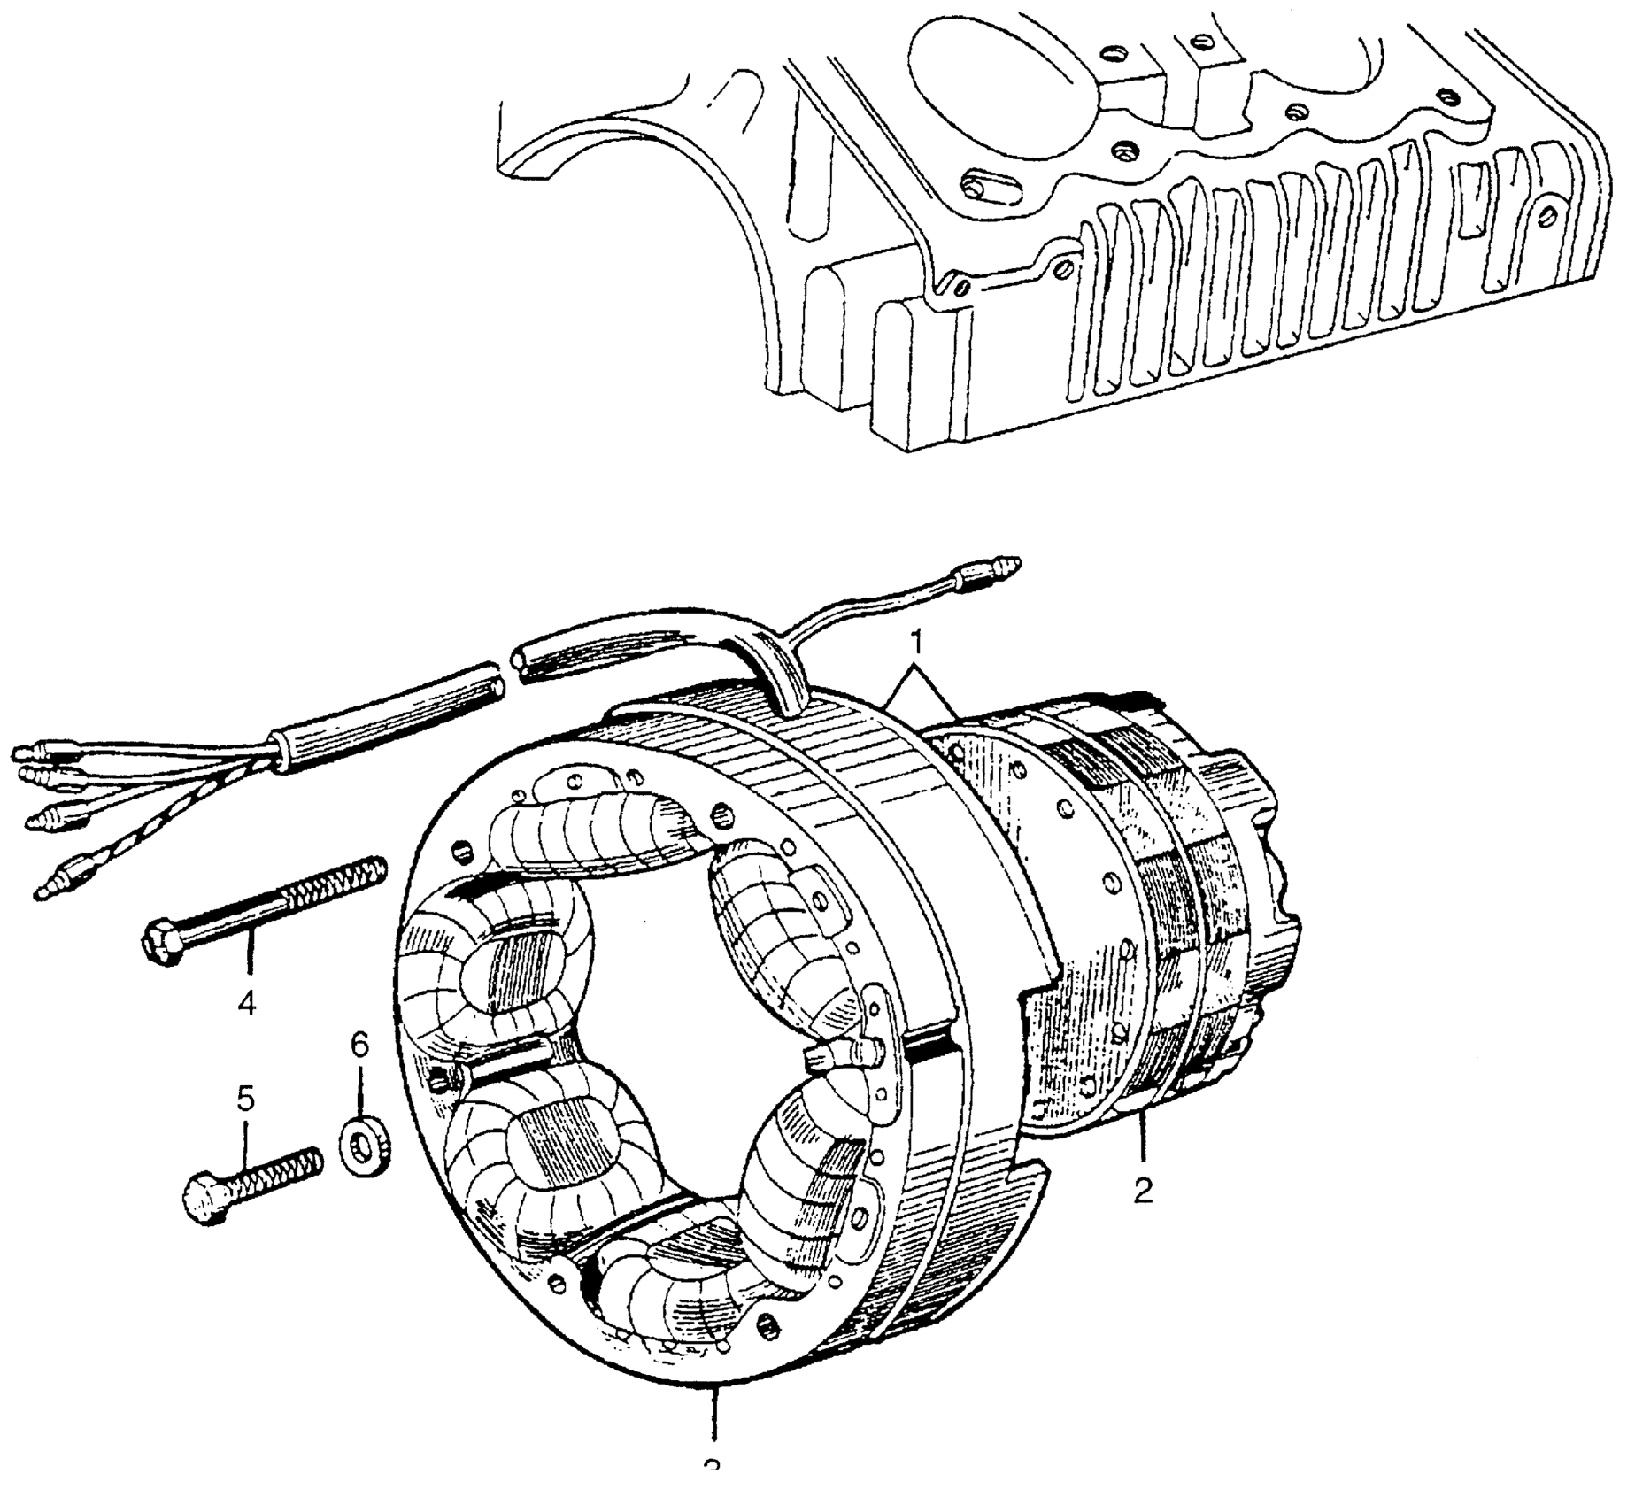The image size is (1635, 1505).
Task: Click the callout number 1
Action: (x=918, y=639)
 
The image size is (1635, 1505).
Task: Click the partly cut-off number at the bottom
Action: (x=712, y=1493)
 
